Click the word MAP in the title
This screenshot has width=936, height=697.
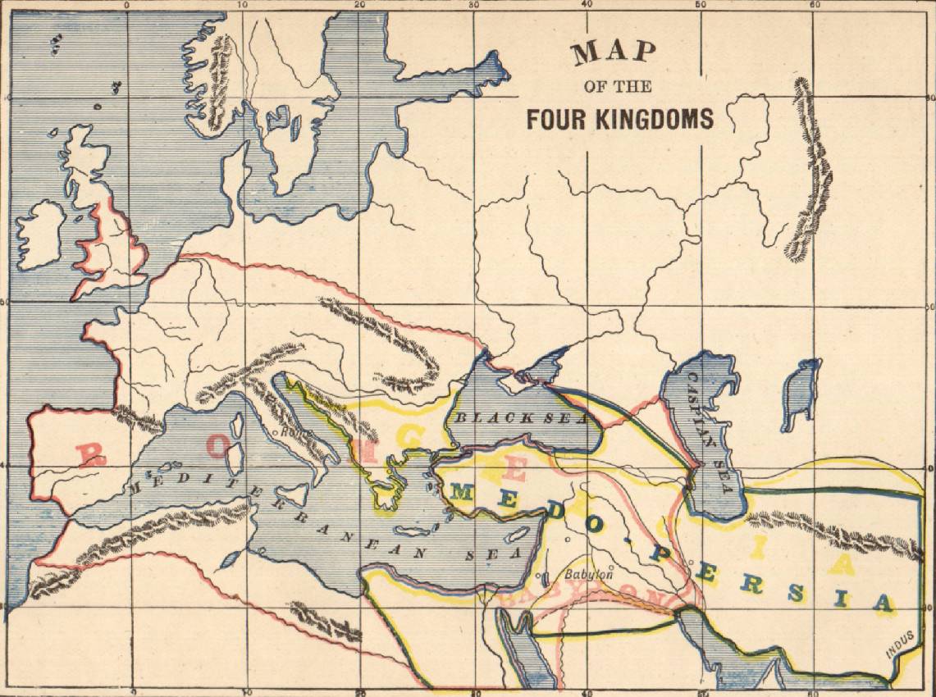click(x=614, y=53)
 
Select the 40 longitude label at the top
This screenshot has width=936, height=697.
click(x=585, y=6)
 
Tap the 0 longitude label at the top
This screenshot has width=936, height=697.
click(x=126, y=6)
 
